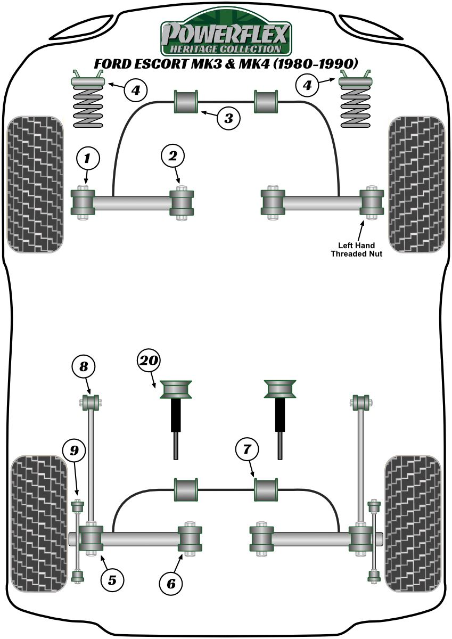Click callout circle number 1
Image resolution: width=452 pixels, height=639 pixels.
[x=88, y=158]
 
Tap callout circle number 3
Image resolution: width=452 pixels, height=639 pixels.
[x=228, y=118]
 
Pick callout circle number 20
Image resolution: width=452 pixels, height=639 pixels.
[x=149, y=362]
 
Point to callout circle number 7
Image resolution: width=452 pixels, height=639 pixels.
[x=246, y=450]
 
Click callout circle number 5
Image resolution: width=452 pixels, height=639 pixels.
[x=112, y=579]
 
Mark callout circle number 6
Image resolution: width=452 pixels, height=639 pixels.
[x=171, y=584]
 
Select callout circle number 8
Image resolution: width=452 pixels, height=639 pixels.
[x=85, y=366]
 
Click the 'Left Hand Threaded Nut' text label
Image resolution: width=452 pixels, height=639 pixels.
[x=357, y=249]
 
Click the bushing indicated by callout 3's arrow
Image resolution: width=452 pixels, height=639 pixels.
[x=186, y=101]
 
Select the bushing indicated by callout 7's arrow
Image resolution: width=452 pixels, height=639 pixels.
[x=266, y=489]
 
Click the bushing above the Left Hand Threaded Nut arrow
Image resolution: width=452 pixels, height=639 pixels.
[x=371, y=202]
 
